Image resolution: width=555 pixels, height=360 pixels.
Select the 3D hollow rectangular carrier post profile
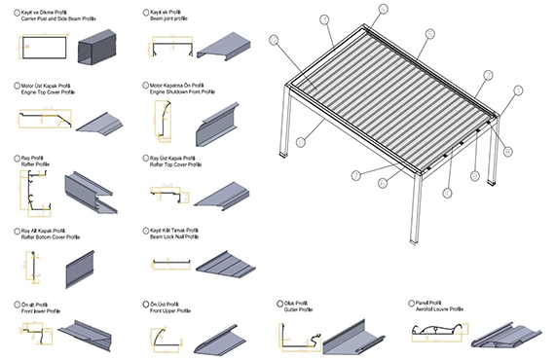pos(101,47)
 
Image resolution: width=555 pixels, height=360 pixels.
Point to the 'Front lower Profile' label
pos(46,309)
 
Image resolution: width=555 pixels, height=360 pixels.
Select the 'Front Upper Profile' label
pos(174,309)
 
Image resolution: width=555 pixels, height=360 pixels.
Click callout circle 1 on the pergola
pos(518,90)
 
